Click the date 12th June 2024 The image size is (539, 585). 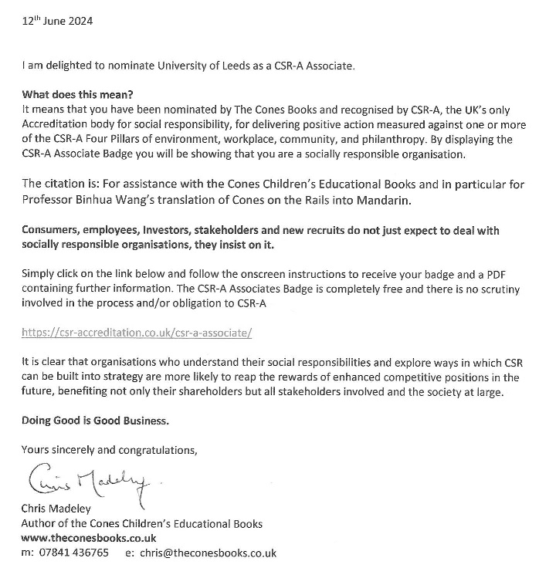[56, 21]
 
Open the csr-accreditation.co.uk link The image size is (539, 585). [137, 333]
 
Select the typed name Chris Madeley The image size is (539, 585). [58, 509]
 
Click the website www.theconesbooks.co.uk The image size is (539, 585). [89, 538]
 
